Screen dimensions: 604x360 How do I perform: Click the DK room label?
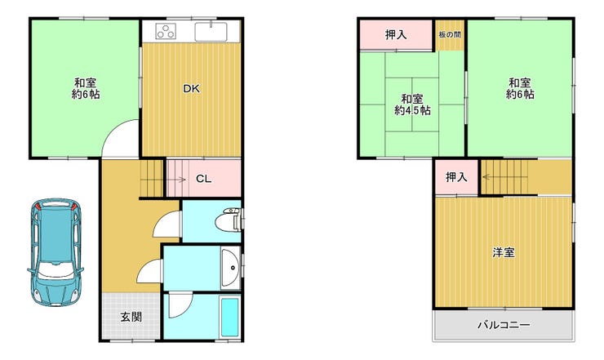pos(192,89)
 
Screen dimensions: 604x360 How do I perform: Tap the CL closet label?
pos(203,179)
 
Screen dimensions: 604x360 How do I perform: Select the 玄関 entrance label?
pos(131,318)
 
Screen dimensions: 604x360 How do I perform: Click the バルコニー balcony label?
pos(504,325)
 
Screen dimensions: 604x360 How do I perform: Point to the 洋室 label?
pos(503,253)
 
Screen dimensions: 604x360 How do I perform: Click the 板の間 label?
pos(450,34)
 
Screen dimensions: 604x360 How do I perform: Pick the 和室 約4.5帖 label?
pos(412,104)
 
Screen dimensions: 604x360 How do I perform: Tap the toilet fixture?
pos(229,220)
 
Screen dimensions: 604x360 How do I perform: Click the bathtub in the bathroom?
pos(229,318)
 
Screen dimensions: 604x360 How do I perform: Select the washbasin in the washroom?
pos(231,268)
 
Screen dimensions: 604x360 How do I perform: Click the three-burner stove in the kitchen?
pos(166,31)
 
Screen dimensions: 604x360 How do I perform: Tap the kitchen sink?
pos(211,32)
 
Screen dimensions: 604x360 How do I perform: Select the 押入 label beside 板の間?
pos(396,34)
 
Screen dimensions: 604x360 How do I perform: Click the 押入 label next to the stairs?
pos(456,177)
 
